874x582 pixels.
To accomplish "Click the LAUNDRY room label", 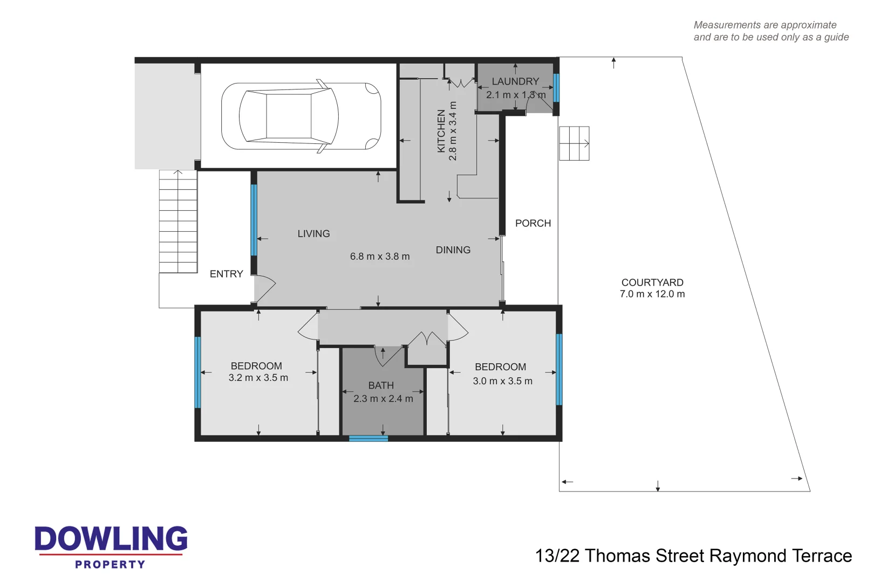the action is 515,81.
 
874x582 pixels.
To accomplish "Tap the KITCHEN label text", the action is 441,131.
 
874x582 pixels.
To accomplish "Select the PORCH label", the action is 533,223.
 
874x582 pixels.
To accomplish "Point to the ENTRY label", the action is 226,274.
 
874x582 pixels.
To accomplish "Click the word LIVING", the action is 313,233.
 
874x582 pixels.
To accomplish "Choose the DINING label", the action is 453,250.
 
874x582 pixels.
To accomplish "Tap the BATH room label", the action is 381,385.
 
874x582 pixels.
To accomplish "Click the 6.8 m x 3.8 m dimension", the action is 380,257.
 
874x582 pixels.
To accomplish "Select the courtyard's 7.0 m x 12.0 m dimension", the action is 652,294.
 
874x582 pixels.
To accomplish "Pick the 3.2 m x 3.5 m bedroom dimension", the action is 258,378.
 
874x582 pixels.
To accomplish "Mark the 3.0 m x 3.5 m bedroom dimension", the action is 503,381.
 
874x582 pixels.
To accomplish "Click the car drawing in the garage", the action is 301,116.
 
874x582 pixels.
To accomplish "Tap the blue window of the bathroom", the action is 368,439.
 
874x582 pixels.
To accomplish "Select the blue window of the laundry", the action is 556,88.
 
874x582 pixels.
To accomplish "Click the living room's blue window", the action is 254,220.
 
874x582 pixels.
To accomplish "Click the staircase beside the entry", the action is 178,221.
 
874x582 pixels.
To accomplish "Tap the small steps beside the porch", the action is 574,143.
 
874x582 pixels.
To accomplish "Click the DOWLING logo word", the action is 111,539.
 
